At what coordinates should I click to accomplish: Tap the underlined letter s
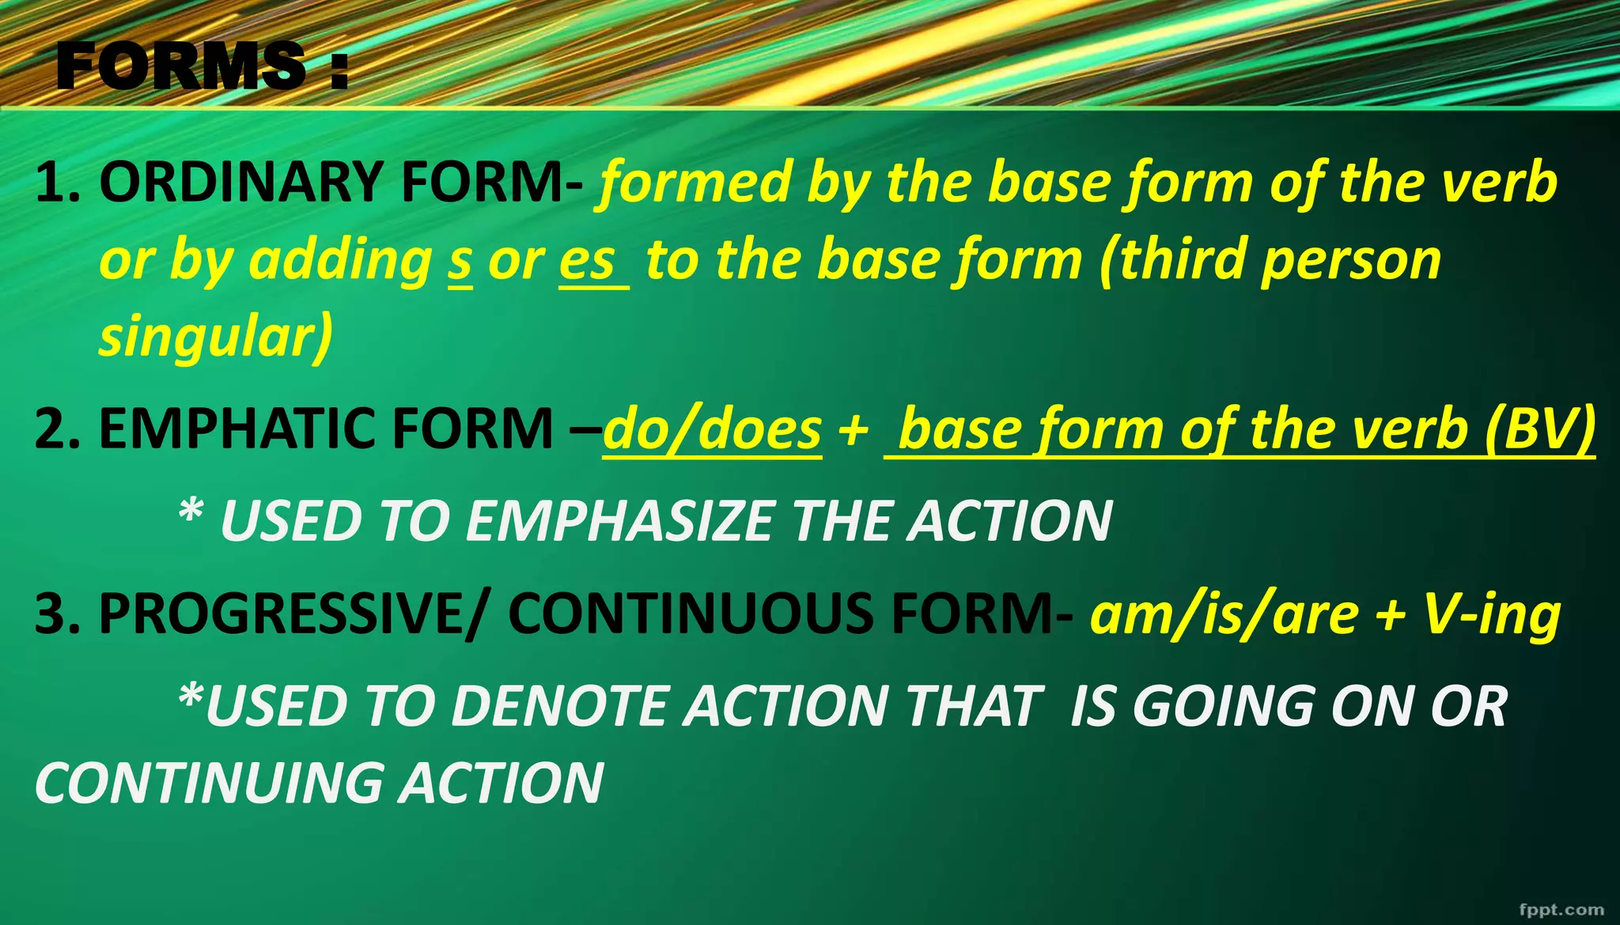(x=460, y=261)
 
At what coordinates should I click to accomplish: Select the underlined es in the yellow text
(x=588, y=261)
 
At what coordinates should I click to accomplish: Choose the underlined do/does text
(x=712, y=429)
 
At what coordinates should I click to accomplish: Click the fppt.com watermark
(x=1561, y=909)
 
